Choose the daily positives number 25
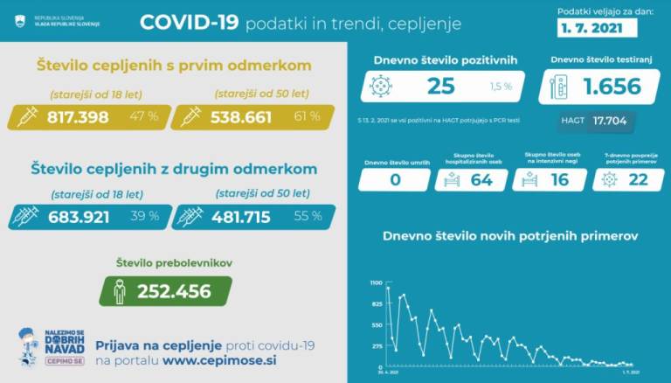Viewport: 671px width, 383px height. click(x=441, y=86)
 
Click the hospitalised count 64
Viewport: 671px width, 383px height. click(x=481, y=180)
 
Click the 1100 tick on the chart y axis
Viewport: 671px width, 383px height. click(x=376, y=283)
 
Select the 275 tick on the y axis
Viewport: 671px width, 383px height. click(x=377, y=345)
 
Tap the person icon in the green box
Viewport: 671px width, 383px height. click(x=119, y=290)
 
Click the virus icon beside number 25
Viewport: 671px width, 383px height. click(x=380, y=86)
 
